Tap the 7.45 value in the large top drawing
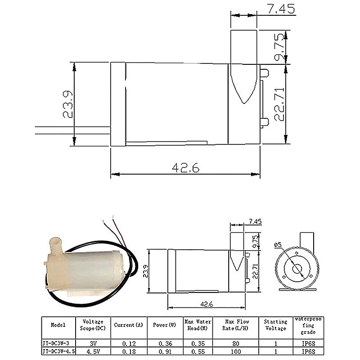[282, 8]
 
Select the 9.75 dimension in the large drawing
[280, 47]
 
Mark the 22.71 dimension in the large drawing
[280, 104]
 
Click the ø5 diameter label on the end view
[277, 244]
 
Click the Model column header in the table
[58, 324]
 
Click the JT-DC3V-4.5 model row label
[58, 349]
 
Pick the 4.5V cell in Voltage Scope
[93, 349]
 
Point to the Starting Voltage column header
[275, 324]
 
